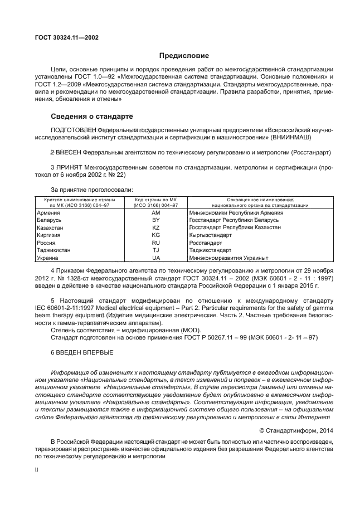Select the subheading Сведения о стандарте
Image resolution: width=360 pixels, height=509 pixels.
coord(91,117)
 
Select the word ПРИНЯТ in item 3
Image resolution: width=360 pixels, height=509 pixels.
coord(70,167)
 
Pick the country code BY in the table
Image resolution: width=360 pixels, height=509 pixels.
coord(156,221)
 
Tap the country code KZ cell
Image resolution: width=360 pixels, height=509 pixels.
coord(156,229)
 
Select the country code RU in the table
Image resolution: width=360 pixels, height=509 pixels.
coord(156,244)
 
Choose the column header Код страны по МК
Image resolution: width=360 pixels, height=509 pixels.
coord(156,200)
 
